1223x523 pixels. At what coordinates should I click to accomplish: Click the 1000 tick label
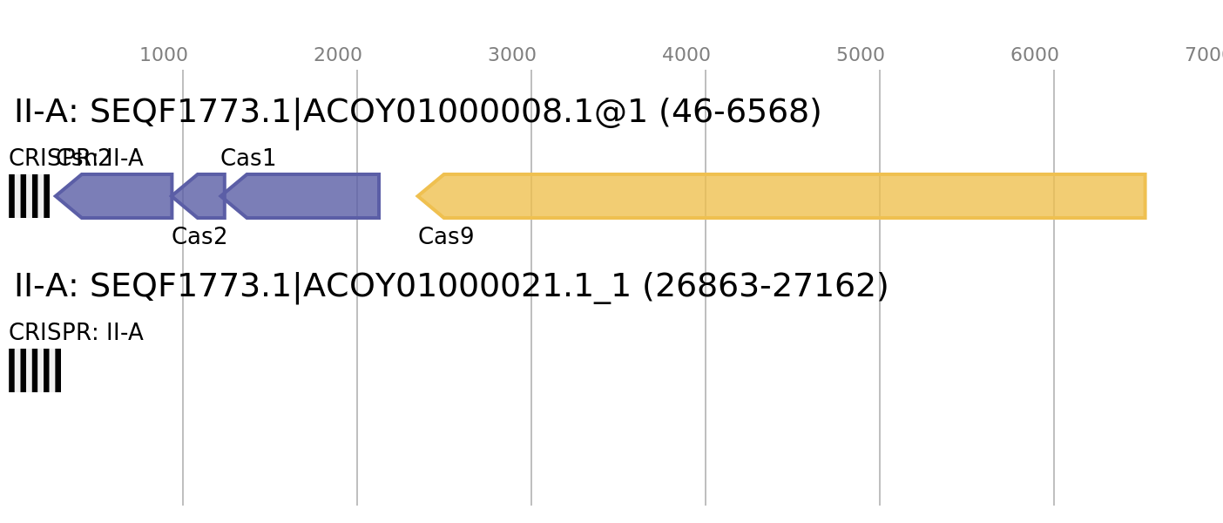click(164, 55)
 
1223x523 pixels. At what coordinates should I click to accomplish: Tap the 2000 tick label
click(338, 55)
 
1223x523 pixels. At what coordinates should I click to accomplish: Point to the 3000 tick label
click(512, 55)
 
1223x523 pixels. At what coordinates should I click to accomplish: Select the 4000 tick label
click(686, 55)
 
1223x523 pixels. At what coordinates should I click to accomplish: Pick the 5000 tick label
click(861, 55)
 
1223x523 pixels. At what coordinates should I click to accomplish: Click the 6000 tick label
click(1035, 55)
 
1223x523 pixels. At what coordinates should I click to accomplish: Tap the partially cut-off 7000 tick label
click(1205, 55)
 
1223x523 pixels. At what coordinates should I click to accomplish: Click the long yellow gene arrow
click(784, 196)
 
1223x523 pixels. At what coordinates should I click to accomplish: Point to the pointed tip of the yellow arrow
click(416, 196)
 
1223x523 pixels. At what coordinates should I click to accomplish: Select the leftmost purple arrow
click(118, 196)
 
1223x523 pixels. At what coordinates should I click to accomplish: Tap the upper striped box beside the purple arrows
click(30, 196)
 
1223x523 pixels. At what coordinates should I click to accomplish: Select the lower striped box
click(35, 370)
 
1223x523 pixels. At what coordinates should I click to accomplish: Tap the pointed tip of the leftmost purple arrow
click(55, 196)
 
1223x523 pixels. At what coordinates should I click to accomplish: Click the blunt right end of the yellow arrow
click(1145, 196)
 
